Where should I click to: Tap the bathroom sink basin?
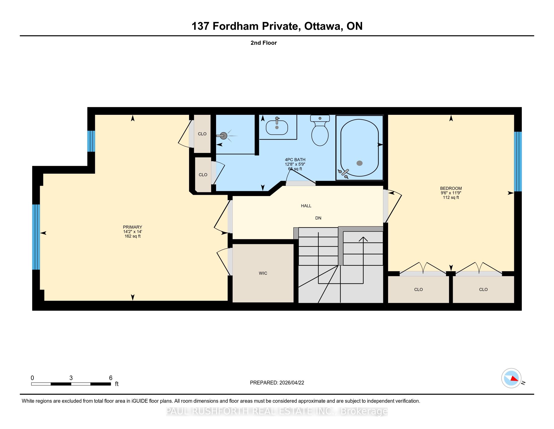[x=277, y=127]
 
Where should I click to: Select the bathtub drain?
[x=359, y=163]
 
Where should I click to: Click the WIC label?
[x=263, y=273]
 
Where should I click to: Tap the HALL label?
[x=306, y=206]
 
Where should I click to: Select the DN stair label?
[x=318, y=218]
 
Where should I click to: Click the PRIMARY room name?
[x=132, y=227]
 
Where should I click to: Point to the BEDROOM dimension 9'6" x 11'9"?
[x=451, y=193]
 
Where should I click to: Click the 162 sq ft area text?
[x=132, y=236]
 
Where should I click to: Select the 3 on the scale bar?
[x=71, y=378]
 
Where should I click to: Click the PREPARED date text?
[x=277, y=383]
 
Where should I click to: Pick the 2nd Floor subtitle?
[x=264, y=43]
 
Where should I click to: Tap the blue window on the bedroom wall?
[x=518, y=162]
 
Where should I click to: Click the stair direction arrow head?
[x=363, y=239]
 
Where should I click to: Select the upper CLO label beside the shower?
[x=202, y=134]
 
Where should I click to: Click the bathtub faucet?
[x=343, y=173]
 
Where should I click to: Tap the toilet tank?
[x=320, y=118]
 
